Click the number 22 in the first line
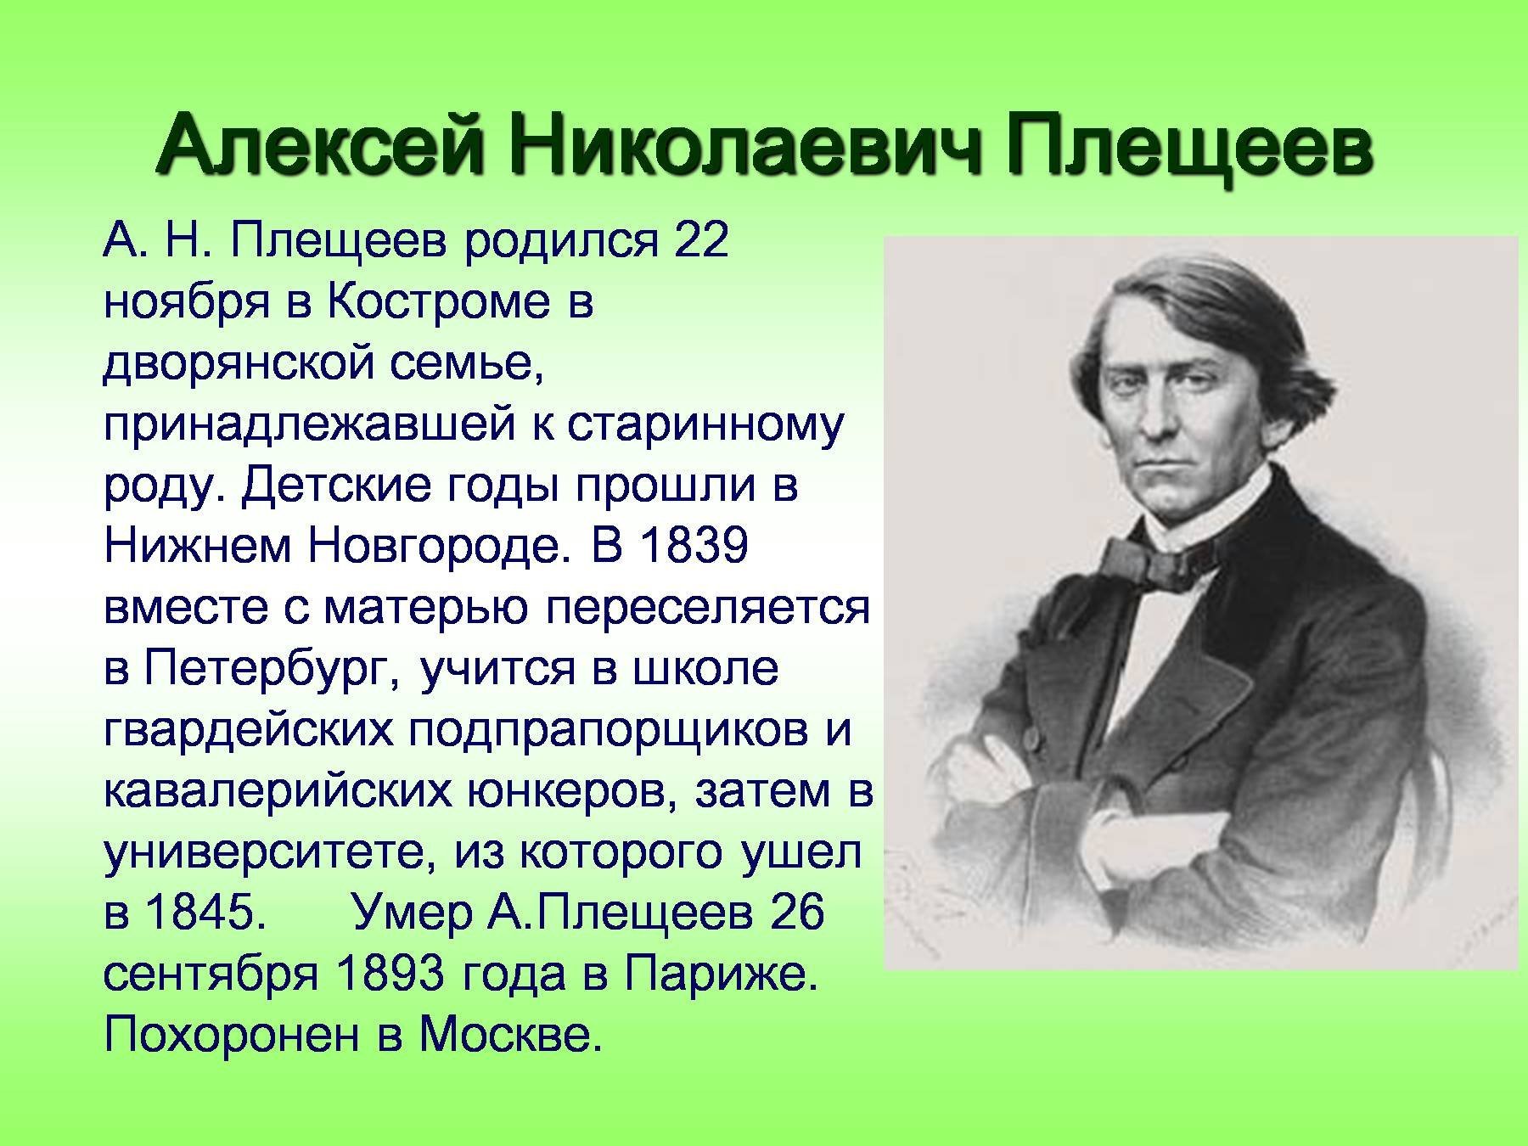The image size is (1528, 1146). [x=701, y=241]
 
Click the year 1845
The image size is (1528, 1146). [x=201, y=914]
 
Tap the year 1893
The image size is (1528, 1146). [x=390, y=975]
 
